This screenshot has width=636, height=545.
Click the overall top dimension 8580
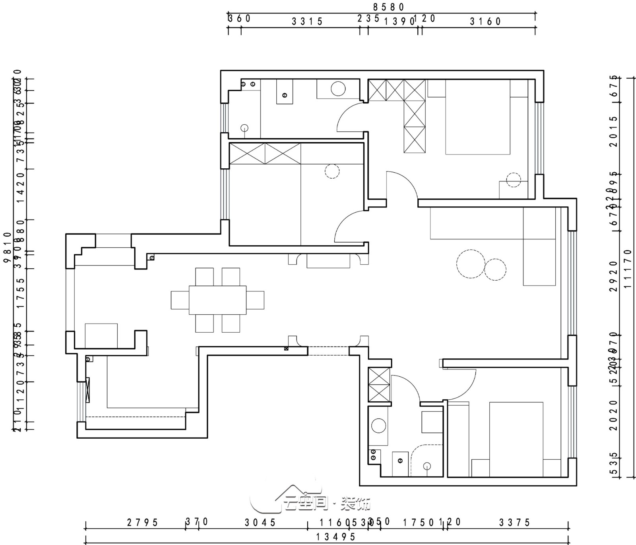(x=388, y=7)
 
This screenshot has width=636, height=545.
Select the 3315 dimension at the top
(x=307, y=21)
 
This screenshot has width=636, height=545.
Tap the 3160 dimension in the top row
(x=485, y=21)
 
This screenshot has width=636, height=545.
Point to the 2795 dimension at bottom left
(x=142, y=522)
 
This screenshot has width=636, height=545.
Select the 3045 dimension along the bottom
(x=260, y=522)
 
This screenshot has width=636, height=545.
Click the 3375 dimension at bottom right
(x=515, y=522)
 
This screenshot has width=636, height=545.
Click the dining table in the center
(x=217, y=300)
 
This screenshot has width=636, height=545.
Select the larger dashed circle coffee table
(x=471, y=264)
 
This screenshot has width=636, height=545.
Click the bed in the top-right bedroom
(x=477, y=117)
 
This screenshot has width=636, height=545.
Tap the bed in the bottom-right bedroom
(x=516, y=439)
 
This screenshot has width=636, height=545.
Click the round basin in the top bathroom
(x=338, y=89)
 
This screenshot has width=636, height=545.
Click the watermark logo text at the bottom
(x=326, y=503)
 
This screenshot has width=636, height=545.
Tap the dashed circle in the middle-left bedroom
(x=332, y=171)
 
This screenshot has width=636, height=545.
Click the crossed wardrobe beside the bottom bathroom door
(x=379, y=385)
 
